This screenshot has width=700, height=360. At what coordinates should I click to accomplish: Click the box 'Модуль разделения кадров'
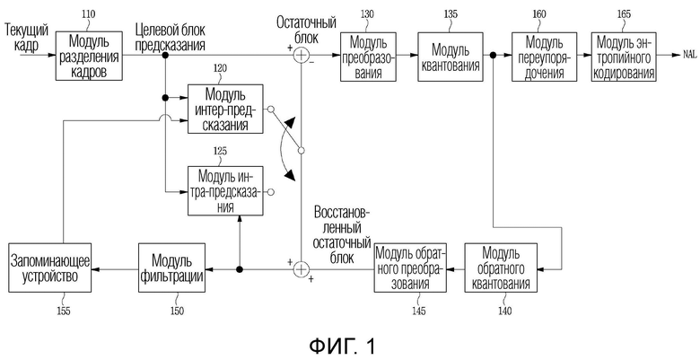coord(89,56)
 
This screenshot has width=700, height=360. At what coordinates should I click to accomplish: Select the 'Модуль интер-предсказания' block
coord(225,109)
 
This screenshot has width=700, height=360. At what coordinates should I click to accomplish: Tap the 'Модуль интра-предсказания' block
coord(225,190)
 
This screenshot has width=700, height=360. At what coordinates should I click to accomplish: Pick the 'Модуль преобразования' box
coord(368,57)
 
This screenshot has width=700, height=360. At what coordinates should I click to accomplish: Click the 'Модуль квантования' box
coord(450,57)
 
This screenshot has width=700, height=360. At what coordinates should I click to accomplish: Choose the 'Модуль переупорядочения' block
coord(544,57)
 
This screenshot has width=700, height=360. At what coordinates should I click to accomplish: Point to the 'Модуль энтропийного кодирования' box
coord(624,57)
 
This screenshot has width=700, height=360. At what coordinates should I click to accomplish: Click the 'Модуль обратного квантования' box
coord(501,268)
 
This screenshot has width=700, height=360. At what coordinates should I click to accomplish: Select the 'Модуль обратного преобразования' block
coord(411,268)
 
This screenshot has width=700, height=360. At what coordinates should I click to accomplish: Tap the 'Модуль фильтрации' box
coord(172,268)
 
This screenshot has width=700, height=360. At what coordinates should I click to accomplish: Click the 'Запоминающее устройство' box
coord(50,268)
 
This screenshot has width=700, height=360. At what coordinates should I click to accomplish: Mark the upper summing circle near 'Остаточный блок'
coord(302,55)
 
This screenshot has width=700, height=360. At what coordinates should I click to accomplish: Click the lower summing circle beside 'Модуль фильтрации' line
coord(302,269)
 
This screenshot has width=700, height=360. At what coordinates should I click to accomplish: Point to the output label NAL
coord(690,55)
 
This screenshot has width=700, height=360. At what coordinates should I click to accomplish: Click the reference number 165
coord(624,13)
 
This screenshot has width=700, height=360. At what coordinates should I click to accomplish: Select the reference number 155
coord(64,311)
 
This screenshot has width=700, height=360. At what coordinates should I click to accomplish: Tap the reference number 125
coord(220,151)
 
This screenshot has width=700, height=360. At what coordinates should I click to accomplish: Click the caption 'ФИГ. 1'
coord(343,347)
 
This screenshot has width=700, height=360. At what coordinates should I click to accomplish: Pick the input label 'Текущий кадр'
coord(26,38)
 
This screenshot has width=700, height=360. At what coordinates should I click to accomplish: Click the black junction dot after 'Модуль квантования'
coord(494,56)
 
